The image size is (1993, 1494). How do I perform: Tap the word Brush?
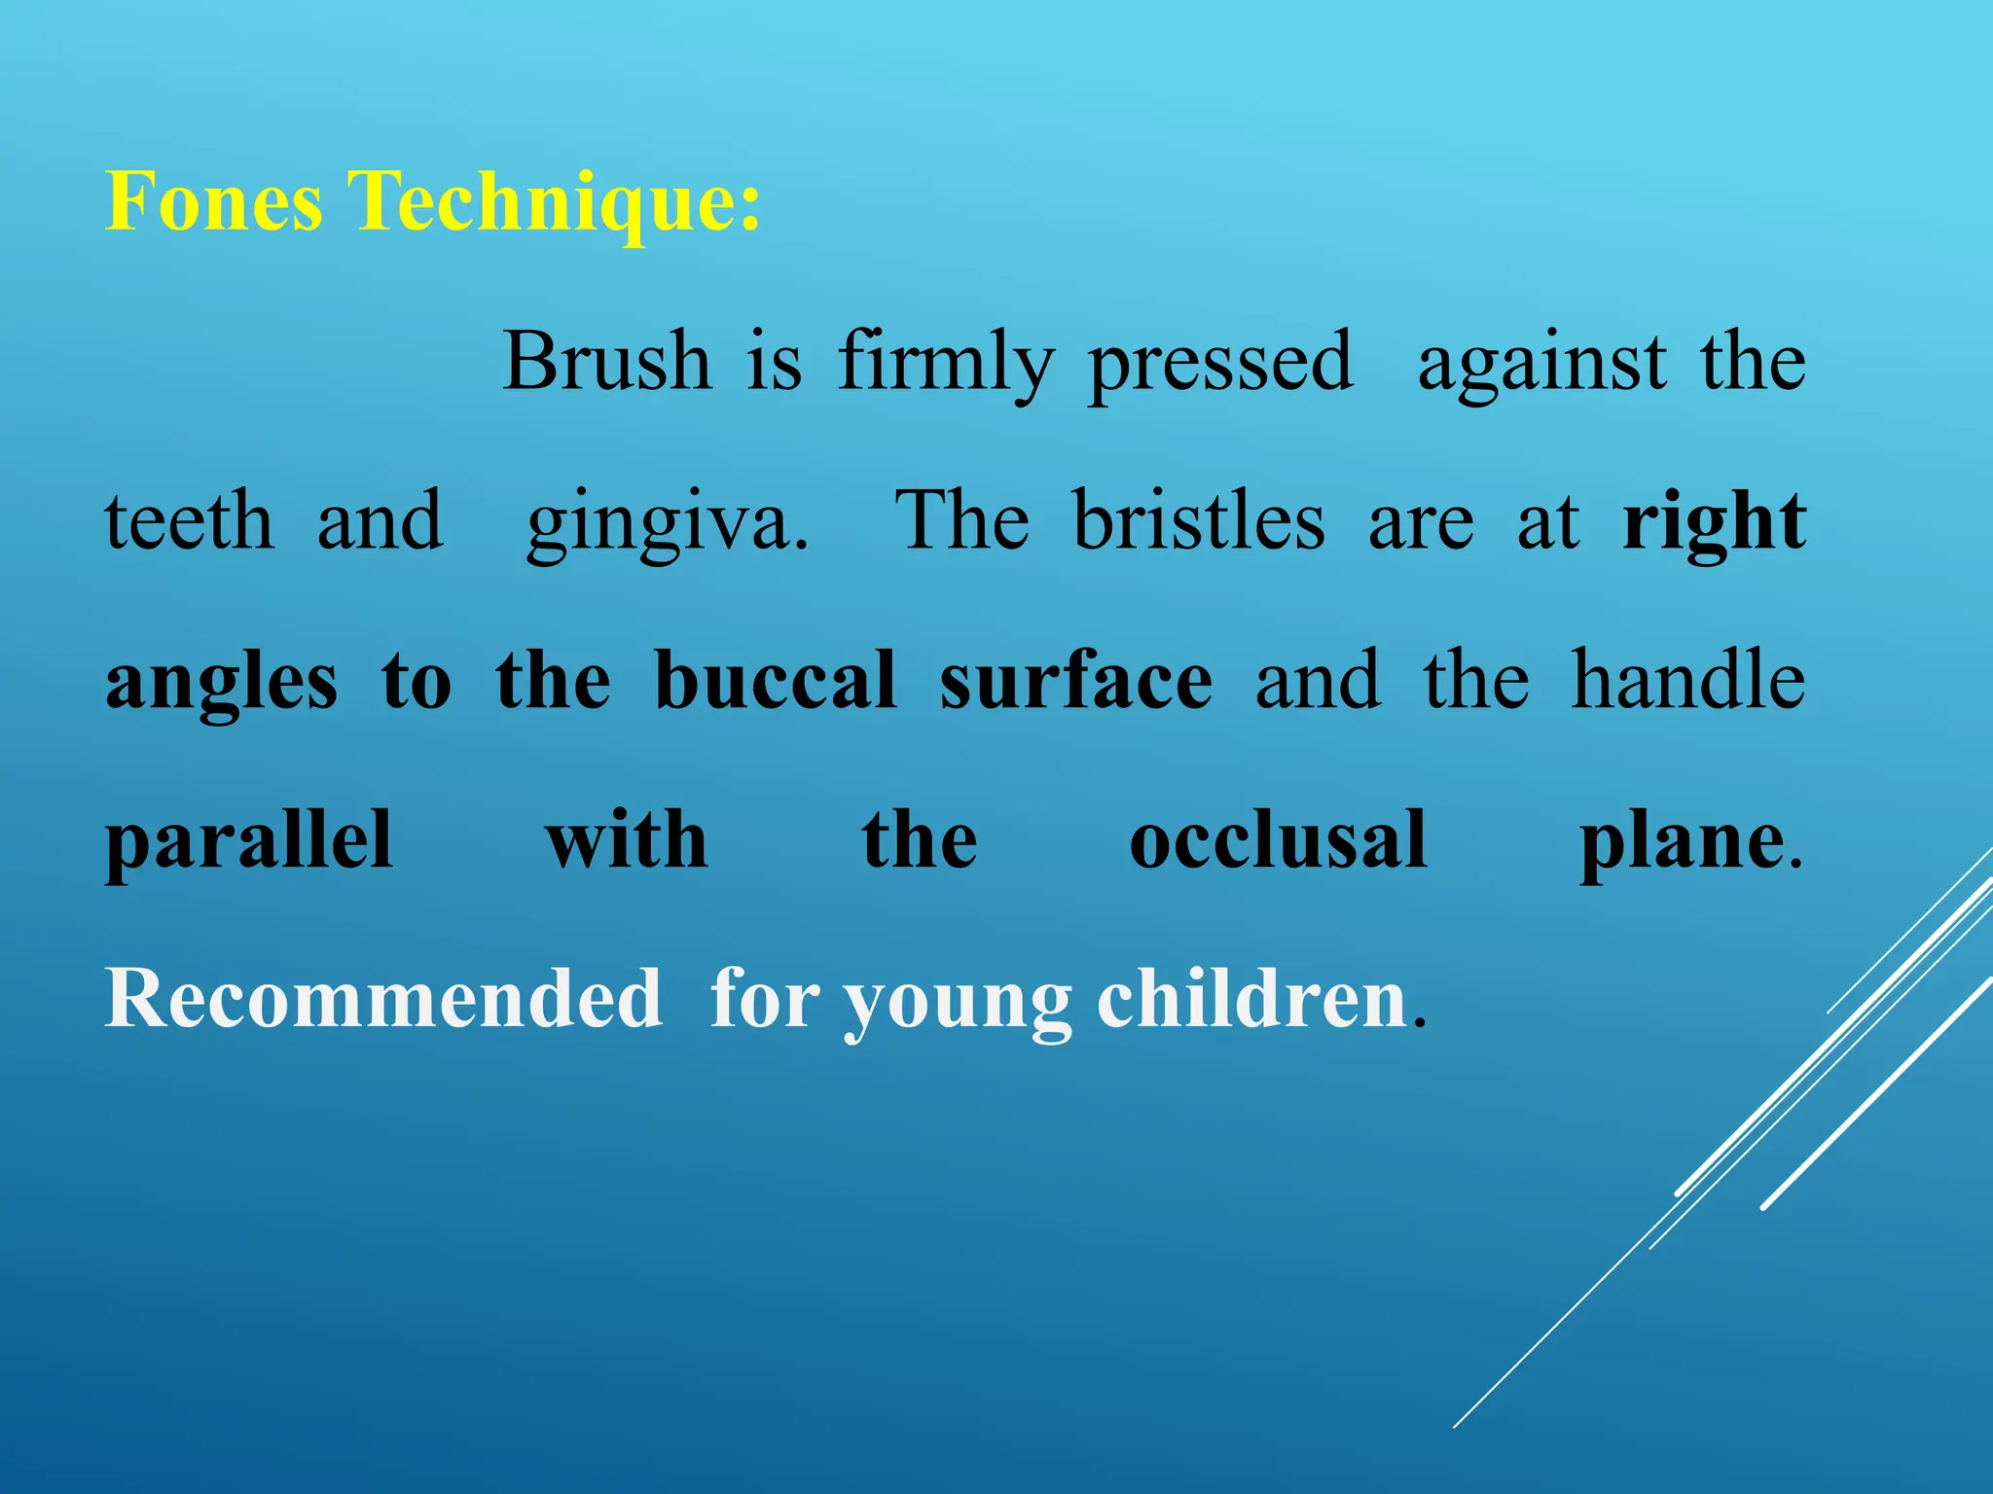[606, 362]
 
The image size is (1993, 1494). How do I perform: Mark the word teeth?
[190, 521]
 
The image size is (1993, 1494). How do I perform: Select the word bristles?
[1199, 521]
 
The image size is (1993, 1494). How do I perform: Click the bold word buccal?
[775, 680]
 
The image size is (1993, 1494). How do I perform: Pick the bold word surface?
[1075, 680]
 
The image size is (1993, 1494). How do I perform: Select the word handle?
[1688, 680]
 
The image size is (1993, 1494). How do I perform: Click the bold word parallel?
[249, 842]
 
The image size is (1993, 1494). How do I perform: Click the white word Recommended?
[383, 999]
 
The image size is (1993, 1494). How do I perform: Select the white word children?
[1252, 999]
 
